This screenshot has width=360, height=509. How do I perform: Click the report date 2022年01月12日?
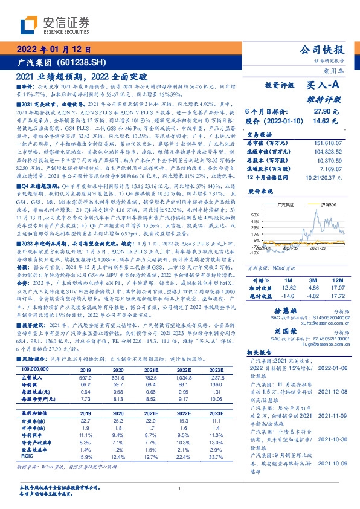pos(54,50)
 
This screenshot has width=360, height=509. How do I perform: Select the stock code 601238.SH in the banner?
pos(84,62)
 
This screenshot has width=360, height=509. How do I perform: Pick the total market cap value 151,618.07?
pos(331,143)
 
